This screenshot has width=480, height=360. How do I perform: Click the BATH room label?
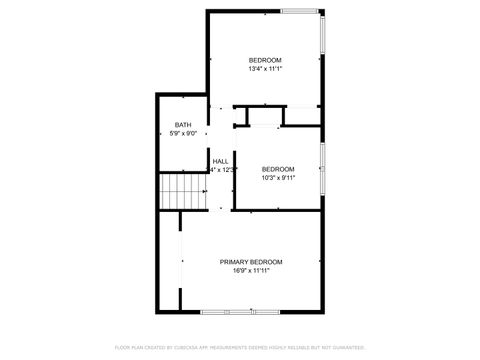coord(183,124)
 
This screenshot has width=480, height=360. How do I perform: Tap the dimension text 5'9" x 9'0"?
coord(183,133)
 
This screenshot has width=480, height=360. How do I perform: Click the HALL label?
coord(220,161)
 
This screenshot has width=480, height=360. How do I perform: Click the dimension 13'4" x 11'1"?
coord(265,69)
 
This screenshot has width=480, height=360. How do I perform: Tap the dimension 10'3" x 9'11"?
coord(278,178)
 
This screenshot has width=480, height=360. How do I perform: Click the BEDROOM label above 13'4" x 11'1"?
coord(265,60)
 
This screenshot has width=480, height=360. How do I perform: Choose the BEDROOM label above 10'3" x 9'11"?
coord(278,169)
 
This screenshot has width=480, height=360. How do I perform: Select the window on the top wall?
coord(300,11)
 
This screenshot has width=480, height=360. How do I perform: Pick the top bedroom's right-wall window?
coord(322,50)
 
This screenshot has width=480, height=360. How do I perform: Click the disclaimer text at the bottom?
coord(240,347)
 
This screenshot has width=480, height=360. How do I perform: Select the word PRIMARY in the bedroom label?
coord(233,261)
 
